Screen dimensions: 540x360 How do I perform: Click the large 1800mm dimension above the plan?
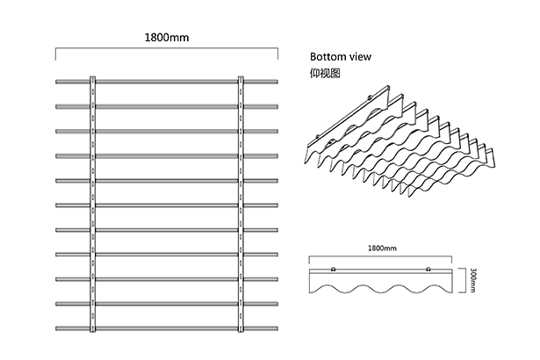point(167,37)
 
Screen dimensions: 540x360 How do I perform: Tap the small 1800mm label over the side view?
point(382,248)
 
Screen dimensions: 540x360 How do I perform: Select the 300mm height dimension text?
point(472,280)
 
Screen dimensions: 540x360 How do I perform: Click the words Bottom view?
point(341,56)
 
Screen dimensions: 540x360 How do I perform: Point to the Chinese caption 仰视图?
point(325,73)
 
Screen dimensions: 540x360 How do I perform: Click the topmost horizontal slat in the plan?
point(167,82)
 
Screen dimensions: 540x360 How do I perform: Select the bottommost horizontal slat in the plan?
point(167,328)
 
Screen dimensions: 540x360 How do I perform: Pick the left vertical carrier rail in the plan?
point(93,204)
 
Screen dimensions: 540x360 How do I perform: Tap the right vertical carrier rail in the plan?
point(241,204)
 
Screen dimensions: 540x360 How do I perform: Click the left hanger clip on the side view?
point(333,269)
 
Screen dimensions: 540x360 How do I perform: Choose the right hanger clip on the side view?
point(428,269)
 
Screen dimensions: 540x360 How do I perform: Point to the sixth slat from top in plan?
point(167,205)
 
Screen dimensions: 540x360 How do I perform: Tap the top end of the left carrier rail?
point(93,76)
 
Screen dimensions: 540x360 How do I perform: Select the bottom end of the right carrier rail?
point(241,331)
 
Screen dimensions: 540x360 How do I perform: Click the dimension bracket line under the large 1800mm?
point(167,49)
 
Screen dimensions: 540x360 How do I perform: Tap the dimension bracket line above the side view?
point(380,256)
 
